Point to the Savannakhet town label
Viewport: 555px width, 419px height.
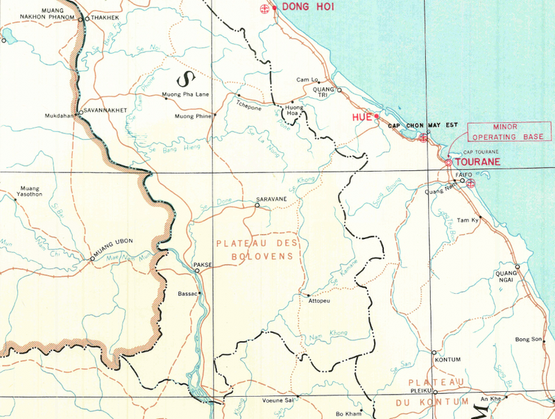(x=108, y=109)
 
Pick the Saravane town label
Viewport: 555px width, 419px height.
(x=271, y=199)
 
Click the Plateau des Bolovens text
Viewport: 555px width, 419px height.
(x=257, y=250)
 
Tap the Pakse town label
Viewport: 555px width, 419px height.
(x=203, y=264)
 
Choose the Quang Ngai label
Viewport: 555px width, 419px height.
(x=509, y=275)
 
